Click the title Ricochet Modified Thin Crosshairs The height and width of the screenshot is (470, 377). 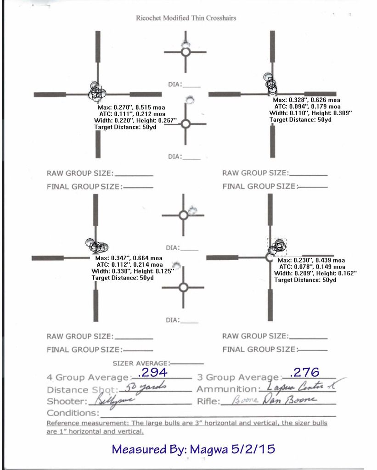pyautogui.click(x=186, y=18)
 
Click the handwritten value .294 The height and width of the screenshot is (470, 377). pyautogui.click(x=152, y=372)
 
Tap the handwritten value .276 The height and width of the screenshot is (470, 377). pyautogui.click(x=305, y=371)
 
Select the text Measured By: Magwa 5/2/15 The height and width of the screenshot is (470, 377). pyautogui.click(x=193, y=448)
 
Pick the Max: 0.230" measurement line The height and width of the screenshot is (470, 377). pyautogui.click(x=311, y=260)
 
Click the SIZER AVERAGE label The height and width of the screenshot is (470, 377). pyautogui.click(x=141, y=363)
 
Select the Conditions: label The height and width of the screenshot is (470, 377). pyautogui.click(x=73, y=413)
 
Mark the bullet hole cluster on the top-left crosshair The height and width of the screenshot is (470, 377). pyautogui.click(x=96, y=92)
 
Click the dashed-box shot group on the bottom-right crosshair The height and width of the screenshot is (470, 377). pyautogui.click(x=277, y=246)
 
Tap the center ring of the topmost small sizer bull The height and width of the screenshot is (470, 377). pyautogui.click(x=186, y=52)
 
